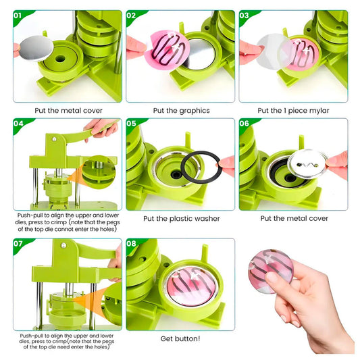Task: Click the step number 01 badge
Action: click(x=18, y=16)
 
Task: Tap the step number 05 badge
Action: click(x=131, y=124)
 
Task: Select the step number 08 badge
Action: click(x=131, y=243)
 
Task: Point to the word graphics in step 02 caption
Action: click(x=195, y=111)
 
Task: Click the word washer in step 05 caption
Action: click(x=207, y=219)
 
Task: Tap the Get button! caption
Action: click(x=180, y=338)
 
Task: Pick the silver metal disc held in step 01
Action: click(x=36, y=48)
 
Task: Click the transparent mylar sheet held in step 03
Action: click(x=274, y=51)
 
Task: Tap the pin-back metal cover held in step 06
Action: click(x=307, y=163)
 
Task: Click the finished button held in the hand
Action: click(x=271, y=271)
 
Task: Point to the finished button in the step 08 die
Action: click(x=191, y=285)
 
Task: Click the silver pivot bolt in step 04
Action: click(x=54, y=139)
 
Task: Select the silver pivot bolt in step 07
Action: click(x=63, y=245)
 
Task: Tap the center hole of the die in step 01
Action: click(x=60, y=58)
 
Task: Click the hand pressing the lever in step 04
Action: click(x=101, y=128)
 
